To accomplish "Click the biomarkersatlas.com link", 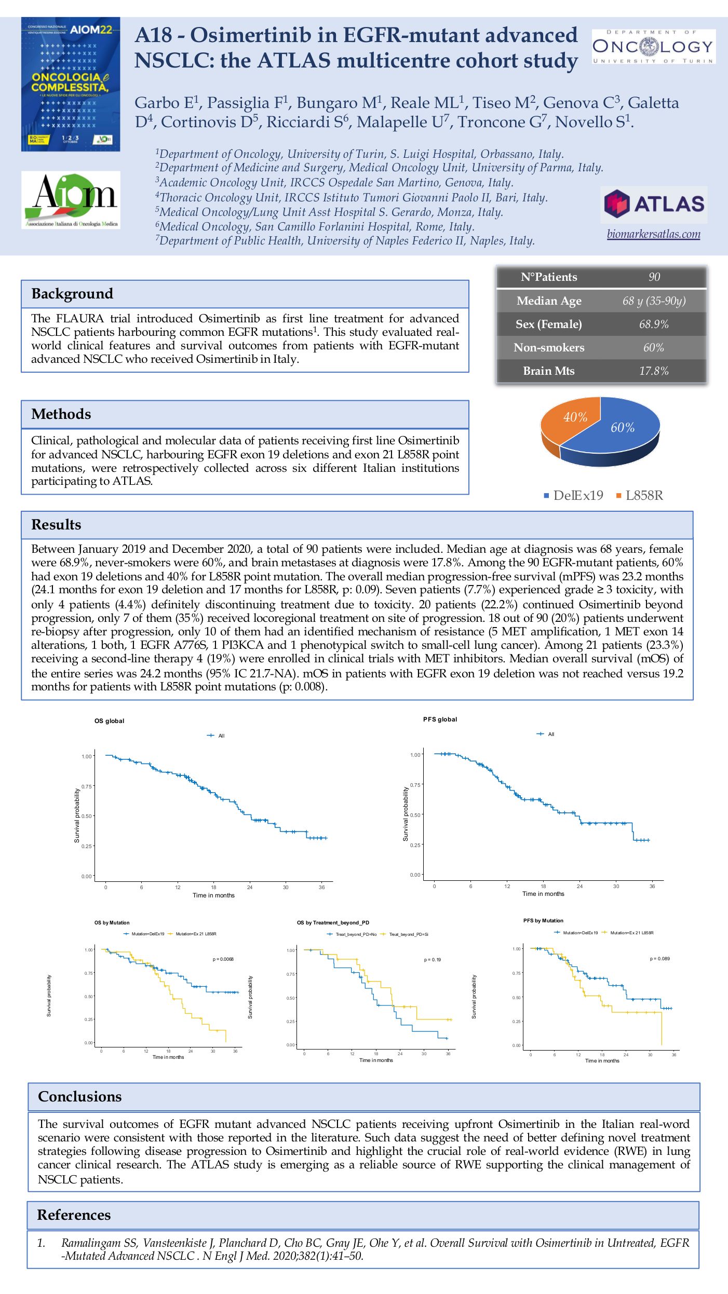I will click(x=653, y=234).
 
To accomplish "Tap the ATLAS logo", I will click(x=654, y=203).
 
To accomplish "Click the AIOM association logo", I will click(x=71, y=200).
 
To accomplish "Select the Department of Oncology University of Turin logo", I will click(x=653, y=47).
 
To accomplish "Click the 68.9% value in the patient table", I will click(x=653, y=324).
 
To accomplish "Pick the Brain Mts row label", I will click(x=548, y=371).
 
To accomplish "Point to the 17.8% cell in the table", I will click(x=653, y=371).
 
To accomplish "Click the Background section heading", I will click(x=72, y=294).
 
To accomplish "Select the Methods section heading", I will click(x=61, y=414).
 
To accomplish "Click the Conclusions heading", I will click(x=80, y=1097).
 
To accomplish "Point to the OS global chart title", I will click(x=109, y=721).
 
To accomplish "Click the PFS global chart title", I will click(x=440, y=719).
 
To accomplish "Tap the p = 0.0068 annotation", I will click(x=223, y=959).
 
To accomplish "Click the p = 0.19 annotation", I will click(x=432, y=960).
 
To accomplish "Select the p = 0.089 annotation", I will click(x=659, y=959).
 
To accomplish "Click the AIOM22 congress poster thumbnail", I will click(x=71, y=84).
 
